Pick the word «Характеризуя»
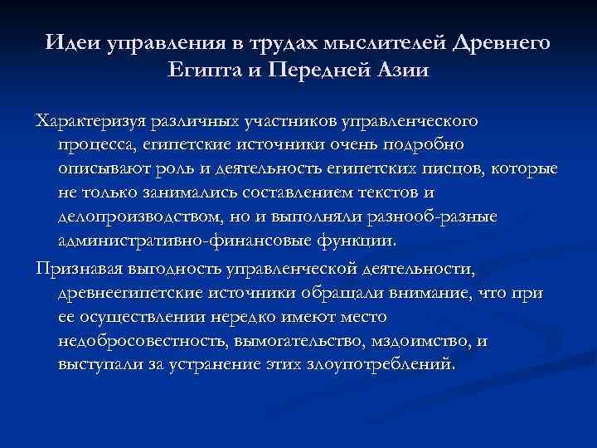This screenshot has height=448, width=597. [87, 122]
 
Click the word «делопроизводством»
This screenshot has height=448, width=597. [139, 218]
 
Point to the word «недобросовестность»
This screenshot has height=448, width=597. [142, 341]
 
